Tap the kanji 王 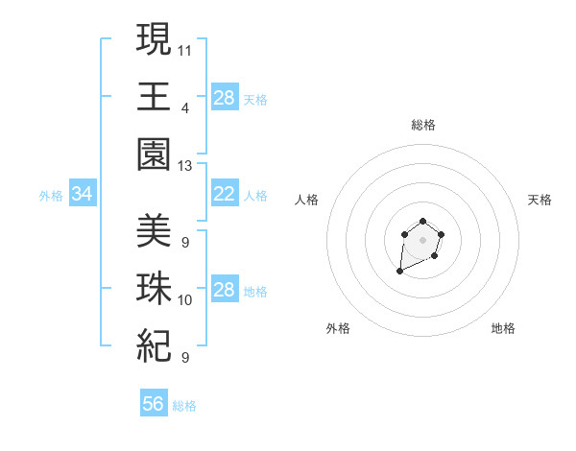pos(154,97)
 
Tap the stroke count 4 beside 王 pos(184,107)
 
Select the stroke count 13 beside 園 pos(185,166)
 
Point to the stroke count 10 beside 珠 pos(185,299)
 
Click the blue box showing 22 pos(224,194)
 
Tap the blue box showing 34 pos(83,194)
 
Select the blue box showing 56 pos(154,404)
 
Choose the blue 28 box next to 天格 pos(224,97)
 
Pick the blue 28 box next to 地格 pos(224,290)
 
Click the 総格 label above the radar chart pos(423,124)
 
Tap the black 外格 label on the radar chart pos(338,328)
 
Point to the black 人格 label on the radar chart pos(307,200)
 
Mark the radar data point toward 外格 pos(399,272)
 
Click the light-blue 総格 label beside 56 pos(184,406)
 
